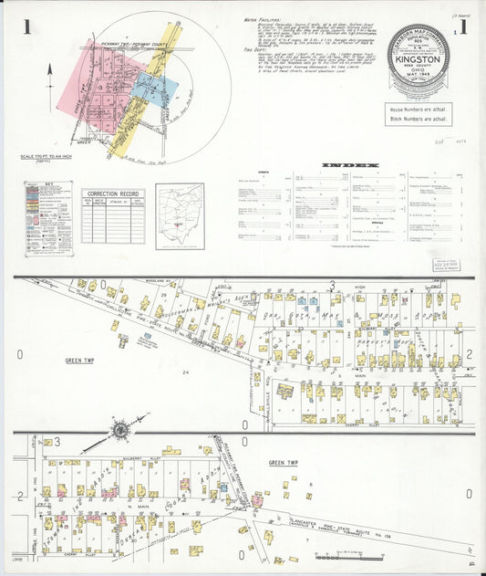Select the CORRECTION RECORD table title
pos(113,194)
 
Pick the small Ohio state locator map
pos(179,216)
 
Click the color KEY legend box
pos(47,216)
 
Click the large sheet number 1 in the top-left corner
pos(28,27)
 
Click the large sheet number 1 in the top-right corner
pos(465,27)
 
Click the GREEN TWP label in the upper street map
pos(81,361)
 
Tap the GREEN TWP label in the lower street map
pos(284,463)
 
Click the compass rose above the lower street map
pos(119,429)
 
